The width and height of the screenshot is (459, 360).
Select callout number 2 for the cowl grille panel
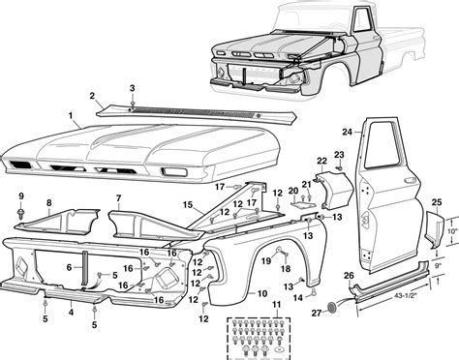[x=93, y=96]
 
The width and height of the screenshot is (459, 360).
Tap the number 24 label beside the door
[x=348, y=131]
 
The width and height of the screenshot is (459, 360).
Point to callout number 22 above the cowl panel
[x=321, y=160]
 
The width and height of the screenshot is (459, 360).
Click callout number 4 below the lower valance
[x=71, y=314]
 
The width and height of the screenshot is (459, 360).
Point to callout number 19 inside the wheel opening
[x=262, y=261]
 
